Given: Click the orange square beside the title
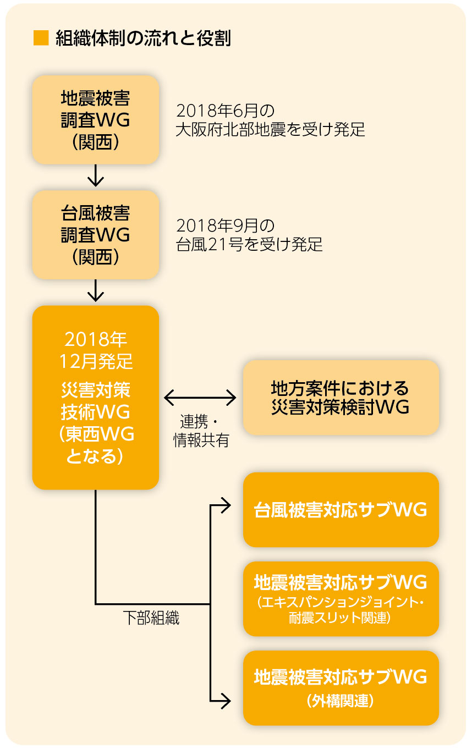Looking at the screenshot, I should pyautogui.click(x=41, y=38).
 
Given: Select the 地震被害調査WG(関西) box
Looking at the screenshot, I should pyautogui.click(x=96, y=120).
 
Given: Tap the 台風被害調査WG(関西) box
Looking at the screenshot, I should pyautogui.click(x=96, y=234).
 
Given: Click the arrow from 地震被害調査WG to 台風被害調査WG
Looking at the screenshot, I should pyautogui.click(x=96, y=177).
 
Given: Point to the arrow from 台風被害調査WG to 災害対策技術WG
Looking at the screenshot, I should pyautogui.click(x=96, y=291).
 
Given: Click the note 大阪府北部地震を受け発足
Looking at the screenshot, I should pyautogui.click(x=270, y=130).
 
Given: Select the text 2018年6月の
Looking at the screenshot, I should pyautogui.click(x=225, y=111).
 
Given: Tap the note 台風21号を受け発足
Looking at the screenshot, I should pyautogui.click(x=249, y=245).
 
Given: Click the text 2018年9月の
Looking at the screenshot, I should pyautogui.click(x=225, y=225).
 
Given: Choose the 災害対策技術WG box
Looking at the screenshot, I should pyautogui.click(x=96, y=397).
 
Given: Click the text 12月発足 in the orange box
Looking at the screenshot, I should pyautogui.click(x=96, y=361).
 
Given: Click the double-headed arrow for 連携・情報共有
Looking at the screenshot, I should pyautogui.click(x=200, y=397).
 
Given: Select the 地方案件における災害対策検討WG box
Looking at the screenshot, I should pyautogui.click(x=341, y=398).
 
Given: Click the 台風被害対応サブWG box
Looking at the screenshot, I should pyautogui.click(x=341, y=510).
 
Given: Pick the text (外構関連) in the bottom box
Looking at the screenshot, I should pyautogui.click(x=341, y=701).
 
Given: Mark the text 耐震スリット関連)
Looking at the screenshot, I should pyautogui.click(x=340, y=618).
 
